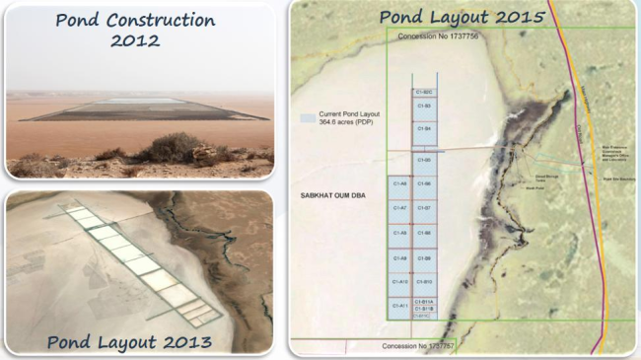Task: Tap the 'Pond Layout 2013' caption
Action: (x=130, y=342)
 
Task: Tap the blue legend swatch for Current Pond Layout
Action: (x=308, y=116)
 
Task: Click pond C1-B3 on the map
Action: (x=424, y=106)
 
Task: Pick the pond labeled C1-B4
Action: (x=424, y=129)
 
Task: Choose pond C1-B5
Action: (x=424, y=160)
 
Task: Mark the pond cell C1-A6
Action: (x=399, y=183)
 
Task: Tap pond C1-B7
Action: (x=424, y=208)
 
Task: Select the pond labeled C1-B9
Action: (x=424, y=257)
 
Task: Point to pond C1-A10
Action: (x=399, y=282)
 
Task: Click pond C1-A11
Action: (x=399, y=306)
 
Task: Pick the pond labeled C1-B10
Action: (x=424, y=282)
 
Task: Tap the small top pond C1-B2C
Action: (x=424, y=91)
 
